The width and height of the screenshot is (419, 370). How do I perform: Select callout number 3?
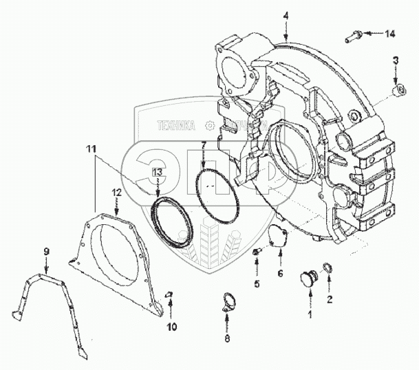(x=396, y=62)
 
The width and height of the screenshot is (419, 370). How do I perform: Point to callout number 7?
(x=204, y=144)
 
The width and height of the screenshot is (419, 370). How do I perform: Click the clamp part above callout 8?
(x=228, y=301)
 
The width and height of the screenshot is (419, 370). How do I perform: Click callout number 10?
(x=173, y=326)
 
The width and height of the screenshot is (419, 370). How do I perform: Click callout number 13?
(x=158, y=171)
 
